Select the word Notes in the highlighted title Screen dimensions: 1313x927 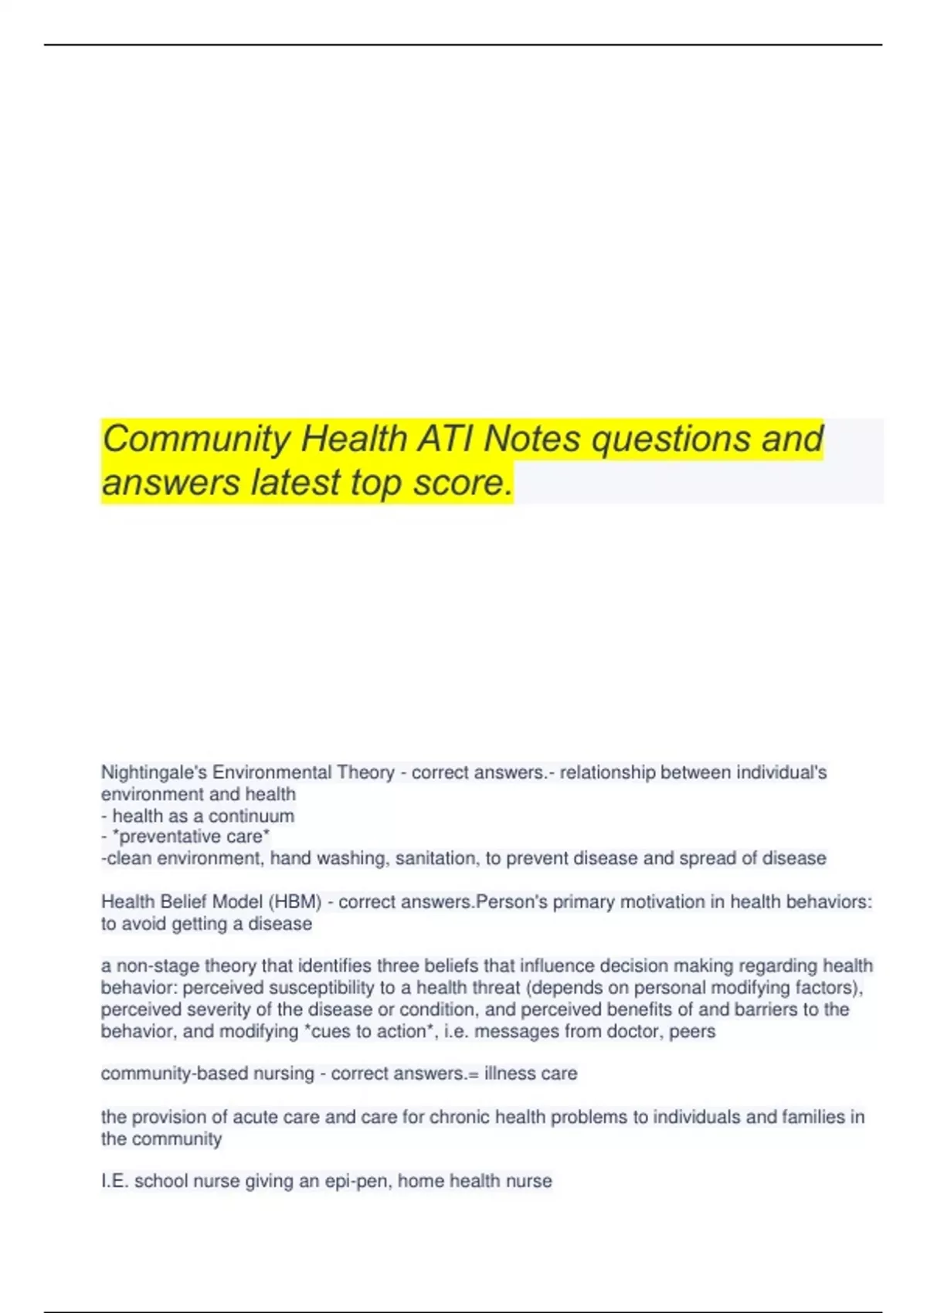click(x=531, y=439)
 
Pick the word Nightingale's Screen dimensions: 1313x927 click(x=154, y=772)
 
